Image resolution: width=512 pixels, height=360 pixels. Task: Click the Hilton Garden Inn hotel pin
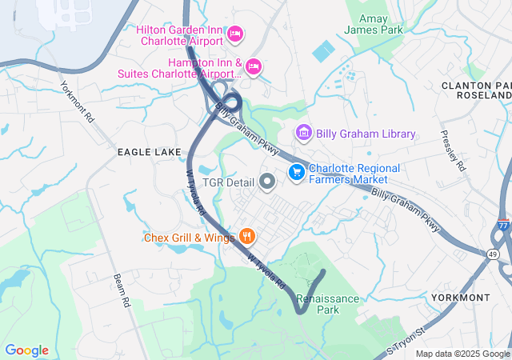[235, 34]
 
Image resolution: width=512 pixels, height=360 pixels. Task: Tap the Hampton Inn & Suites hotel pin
[254, 66]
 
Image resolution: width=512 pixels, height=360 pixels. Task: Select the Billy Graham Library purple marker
[303, 132]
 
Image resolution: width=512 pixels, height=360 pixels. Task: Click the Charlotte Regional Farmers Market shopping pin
[296, 172]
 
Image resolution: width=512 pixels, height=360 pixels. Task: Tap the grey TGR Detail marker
[267, 183]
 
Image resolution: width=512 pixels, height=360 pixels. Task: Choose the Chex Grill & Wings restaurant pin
[247, 237]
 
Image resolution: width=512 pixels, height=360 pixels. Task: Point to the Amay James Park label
[374, 24]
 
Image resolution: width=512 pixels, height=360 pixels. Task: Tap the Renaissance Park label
[329, 304]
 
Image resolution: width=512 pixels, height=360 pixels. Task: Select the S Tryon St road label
[402, 344]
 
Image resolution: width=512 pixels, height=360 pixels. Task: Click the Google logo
[26, 350]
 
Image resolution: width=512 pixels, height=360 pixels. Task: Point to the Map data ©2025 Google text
[462, 354]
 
